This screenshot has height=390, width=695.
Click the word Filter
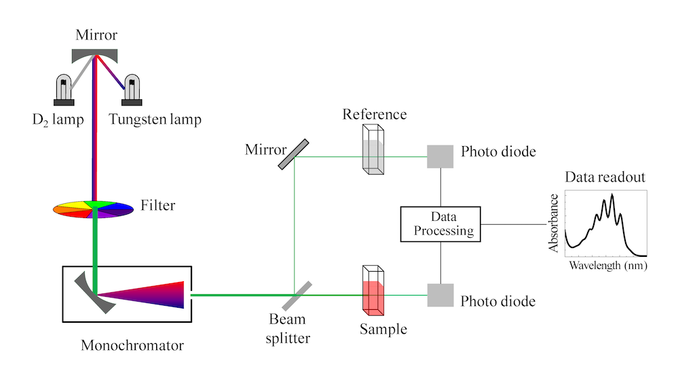point(157,205)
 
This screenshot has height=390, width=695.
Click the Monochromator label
point(132,345)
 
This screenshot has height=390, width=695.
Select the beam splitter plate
point(293,296)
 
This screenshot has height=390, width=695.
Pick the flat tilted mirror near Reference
point(294,155)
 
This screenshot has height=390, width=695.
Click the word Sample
point(383,330)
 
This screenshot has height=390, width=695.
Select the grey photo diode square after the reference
point(440,156)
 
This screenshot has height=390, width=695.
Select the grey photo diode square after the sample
point(440,295)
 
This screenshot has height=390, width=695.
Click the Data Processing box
point(440,224)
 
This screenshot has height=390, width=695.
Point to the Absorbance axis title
point(555,224)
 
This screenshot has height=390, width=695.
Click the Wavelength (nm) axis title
point(607,266)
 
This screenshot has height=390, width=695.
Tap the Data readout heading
point(605,178)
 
